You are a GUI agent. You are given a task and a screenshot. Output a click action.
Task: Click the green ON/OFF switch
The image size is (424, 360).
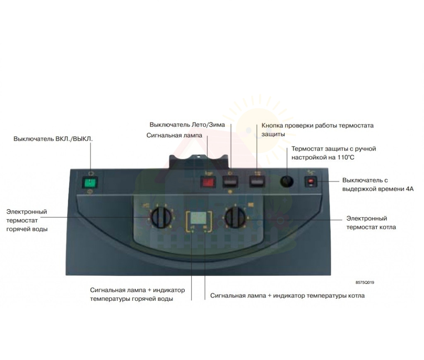90,183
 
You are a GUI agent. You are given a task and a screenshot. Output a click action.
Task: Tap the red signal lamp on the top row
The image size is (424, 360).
207,182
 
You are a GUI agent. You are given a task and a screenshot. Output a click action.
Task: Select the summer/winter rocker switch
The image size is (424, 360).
230,182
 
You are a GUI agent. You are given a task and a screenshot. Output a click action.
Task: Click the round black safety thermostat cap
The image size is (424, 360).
287,182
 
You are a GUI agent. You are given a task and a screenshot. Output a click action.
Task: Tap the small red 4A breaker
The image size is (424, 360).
311,182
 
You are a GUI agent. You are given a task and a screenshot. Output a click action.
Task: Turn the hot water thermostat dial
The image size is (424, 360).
161,217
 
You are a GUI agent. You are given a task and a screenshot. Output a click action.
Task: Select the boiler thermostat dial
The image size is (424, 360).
235,217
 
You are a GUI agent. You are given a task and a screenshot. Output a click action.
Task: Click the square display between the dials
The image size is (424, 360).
198,217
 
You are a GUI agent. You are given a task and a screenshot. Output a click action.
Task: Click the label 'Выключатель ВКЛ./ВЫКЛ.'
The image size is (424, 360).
53,139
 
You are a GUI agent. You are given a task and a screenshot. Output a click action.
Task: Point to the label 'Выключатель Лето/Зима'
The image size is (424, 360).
187,125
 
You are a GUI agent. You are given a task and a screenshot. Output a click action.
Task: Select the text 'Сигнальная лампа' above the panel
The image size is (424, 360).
174,135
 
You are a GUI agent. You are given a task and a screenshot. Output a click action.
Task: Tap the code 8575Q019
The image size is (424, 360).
365,283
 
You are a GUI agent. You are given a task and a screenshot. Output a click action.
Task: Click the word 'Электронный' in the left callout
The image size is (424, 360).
27,211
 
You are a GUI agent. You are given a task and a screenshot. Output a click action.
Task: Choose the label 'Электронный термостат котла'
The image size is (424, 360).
371,223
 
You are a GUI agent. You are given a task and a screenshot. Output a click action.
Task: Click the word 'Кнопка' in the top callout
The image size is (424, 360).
272,125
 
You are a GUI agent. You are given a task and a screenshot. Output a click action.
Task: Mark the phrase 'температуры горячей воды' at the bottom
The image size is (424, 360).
131,299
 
